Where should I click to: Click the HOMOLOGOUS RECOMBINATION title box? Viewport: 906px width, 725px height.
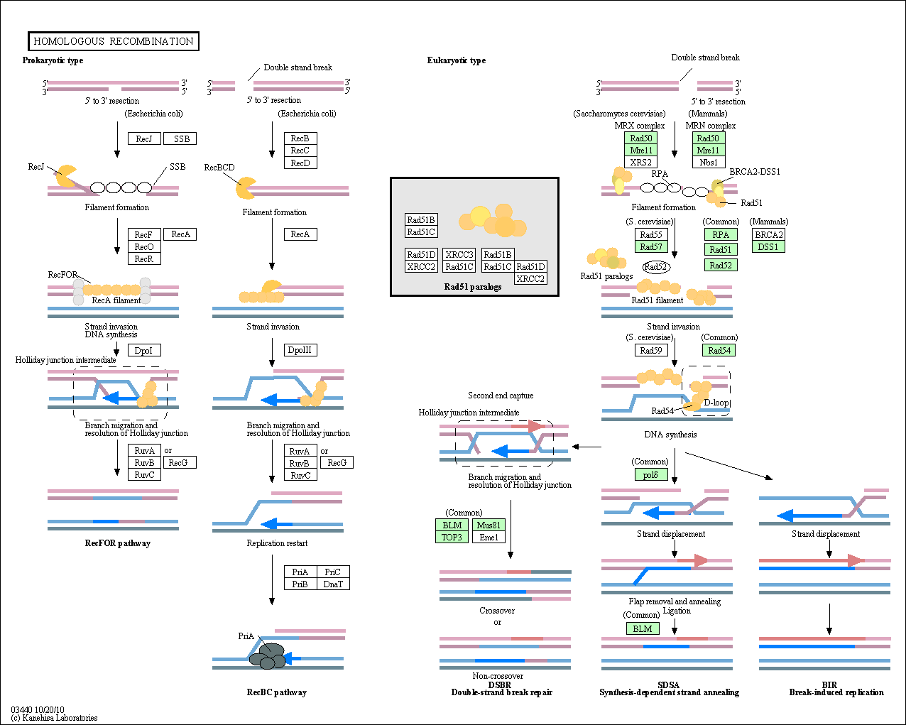pyautogui.click(x=114, y=41)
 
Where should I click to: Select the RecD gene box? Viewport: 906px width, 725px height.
pyautogui.click(x=300, y=163)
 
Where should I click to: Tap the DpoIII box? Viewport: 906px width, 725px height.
pyautogui.click(x=300, y=350)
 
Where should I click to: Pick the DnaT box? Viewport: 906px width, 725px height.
pyautogui.click(x=333, y=584)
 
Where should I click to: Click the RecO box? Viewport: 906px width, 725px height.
pyautogui.click(x=144, y=246)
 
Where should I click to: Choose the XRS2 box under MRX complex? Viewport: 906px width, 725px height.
pyautogui.click(x=640, y=162)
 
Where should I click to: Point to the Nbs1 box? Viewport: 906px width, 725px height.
pyautogui.click(x=709, y=162)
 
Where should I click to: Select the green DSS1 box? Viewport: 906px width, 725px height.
pyautogui.click(x=768, y=246)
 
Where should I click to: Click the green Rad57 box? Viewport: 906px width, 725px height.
pyautogui.click(x=651, y=246)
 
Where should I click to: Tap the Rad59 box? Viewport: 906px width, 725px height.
pyautogui.click(x=651, y=350)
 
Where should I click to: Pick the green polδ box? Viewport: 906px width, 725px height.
pyautogui.click(x=651, y=474)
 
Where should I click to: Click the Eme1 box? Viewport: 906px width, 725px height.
pyautogui.click(x=489, y=538)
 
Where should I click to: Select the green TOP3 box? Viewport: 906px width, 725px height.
pyautogui.click(x=452, y=538)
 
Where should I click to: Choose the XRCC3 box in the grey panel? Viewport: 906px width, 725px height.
pyautogui.click(x=459, y=254)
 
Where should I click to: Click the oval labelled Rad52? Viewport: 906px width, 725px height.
pyautogui.click(x=656, y=266)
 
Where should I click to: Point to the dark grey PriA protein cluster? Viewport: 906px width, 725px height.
pyautogui.click(x=268, y=656)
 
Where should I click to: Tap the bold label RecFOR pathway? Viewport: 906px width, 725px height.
pyautogui.click(x=117, y=543)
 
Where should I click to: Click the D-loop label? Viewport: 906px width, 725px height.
pyautogui.click(x=716, y=403)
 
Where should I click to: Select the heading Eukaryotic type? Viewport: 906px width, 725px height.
pyautogui.click(x=457, y=60)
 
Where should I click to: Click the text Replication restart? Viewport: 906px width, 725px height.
pyautogui.click(x=277, y=543)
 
